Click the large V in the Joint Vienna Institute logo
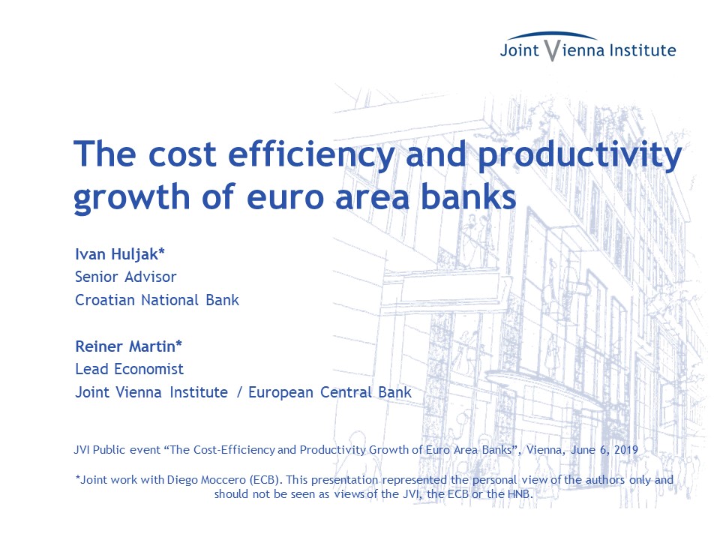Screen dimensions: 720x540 (553, 50)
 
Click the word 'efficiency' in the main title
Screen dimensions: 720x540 (311, 155)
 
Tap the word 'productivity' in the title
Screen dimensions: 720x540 (580, 155)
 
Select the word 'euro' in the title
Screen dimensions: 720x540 (285, 197)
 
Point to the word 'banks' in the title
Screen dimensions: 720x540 (469, 196)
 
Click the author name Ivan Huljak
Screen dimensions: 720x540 (117, 254)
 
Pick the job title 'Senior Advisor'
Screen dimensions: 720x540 (126, 277)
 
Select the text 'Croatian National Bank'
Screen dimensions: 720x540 (157, 300)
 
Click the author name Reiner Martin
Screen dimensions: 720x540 (125, 346)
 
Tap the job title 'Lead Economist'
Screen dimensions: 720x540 (130, 369)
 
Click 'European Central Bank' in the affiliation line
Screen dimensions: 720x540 (330, 392)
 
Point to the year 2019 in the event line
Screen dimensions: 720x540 (625, 450)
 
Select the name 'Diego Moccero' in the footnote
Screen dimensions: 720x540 (207, 480)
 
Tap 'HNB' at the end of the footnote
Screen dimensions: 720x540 (519, 494)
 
